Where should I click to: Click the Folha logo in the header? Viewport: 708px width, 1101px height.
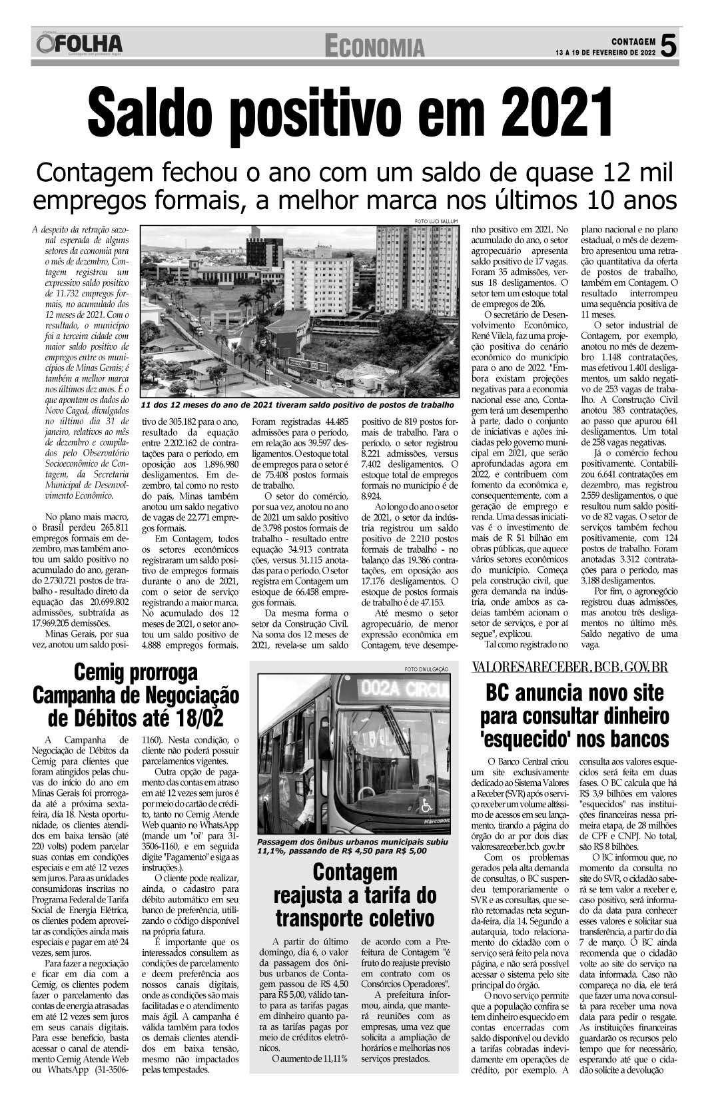79,45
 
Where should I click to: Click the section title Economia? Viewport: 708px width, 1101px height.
374,47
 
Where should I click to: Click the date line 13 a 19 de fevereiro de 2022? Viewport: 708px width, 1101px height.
605,51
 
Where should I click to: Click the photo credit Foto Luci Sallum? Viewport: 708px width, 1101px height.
432,221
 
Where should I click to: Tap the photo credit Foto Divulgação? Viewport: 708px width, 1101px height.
426,669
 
